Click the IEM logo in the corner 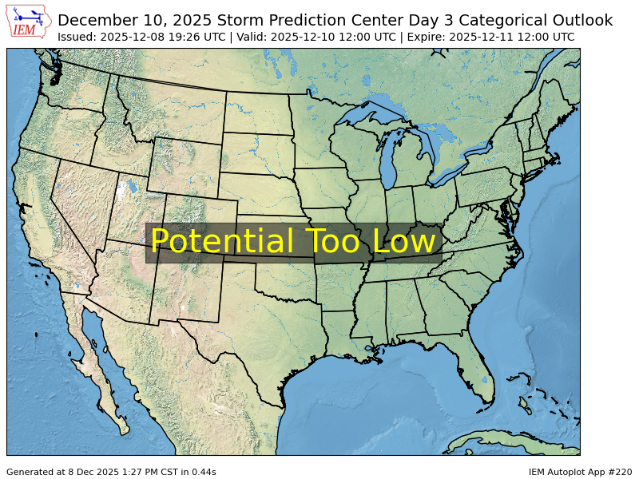pos(30,22)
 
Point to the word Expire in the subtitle pos(437,37)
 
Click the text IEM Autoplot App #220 pos(580,472)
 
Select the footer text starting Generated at pos(111,472)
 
